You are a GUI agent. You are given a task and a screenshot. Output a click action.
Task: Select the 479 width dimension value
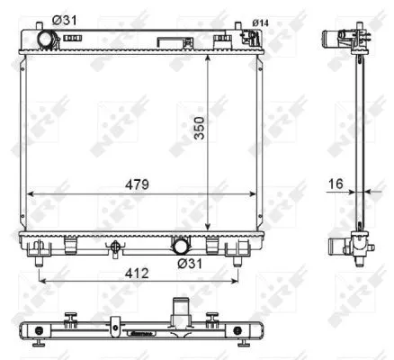click(134, 184)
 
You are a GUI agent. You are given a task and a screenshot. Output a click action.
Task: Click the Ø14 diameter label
click(261, 22)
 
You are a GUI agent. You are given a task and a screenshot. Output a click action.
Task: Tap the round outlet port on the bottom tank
click(181, 245)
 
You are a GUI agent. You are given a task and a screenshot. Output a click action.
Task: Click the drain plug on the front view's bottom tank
click(114, 248)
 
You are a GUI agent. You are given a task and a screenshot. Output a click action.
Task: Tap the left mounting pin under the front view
click(40, 260)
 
